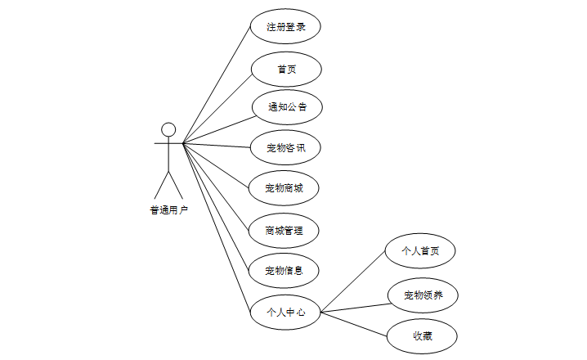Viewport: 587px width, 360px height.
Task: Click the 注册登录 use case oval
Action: [285, 27]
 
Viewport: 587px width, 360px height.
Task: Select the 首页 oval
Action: [285, 70]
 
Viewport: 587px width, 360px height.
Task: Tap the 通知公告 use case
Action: [285, 107]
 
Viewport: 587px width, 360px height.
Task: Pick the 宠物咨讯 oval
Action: [285, 148]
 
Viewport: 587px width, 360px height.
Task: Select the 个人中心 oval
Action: [285, 312]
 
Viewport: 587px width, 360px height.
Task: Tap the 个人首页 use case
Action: [420, 251]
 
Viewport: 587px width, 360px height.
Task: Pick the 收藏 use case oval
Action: [422, 335]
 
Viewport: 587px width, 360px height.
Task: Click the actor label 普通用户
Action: [168, 211]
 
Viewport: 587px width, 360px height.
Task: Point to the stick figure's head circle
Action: [168, 129]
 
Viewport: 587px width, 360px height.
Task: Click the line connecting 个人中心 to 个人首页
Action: [352, 281]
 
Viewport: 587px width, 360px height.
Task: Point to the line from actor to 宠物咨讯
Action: [217, 146]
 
